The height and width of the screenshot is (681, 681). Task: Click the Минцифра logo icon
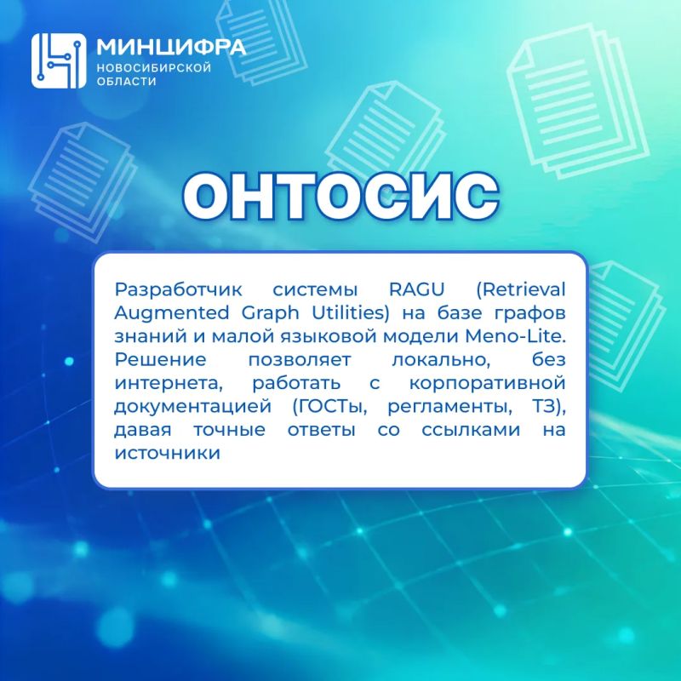59,60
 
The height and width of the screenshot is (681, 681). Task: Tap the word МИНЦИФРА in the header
171,47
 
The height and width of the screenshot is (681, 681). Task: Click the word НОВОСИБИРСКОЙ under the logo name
154,68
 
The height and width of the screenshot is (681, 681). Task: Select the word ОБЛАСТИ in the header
126,81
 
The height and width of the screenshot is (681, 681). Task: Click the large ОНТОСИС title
341,196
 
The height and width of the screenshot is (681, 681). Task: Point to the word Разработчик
178,289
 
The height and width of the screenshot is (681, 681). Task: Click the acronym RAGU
416,289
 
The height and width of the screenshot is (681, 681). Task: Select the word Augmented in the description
172,313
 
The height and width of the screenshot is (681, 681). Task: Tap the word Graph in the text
270,313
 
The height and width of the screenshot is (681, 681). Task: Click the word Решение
160,359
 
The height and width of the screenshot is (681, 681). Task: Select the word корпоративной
487,384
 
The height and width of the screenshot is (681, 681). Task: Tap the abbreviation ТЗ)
549,407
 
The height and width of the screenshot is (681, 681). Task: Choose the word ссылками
471,430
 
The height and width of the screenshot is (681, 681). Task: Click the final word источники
168,454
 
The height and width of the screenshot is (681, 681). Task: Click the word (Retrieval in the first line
521,289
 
